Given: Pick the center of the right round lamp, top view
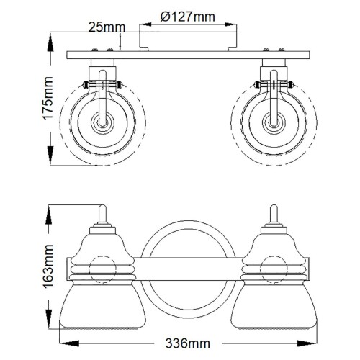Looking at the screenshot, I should coord(273,123).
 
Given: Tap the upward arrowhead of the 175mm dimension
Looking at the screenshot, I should coord(50,36).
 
